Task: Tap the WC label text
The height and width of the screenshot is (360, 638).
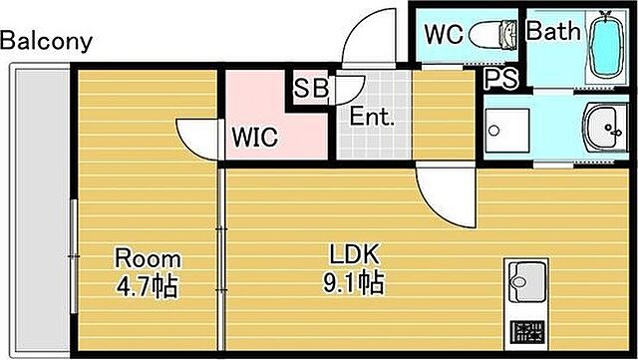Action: (x=443, y=34)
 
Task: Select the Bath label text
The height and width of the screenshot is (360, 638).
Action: (x=552, y=32)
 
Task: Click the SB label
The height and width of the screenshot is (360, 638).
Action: (x=310, y=88)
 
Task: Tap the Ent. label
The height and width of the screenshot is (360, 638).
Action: (x=372, y=117)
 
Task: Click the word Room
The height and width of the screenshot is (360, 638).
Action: (x=146, y=257)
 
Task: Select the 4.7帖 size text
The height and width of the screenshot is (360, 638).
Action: (x=146, y=287)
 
